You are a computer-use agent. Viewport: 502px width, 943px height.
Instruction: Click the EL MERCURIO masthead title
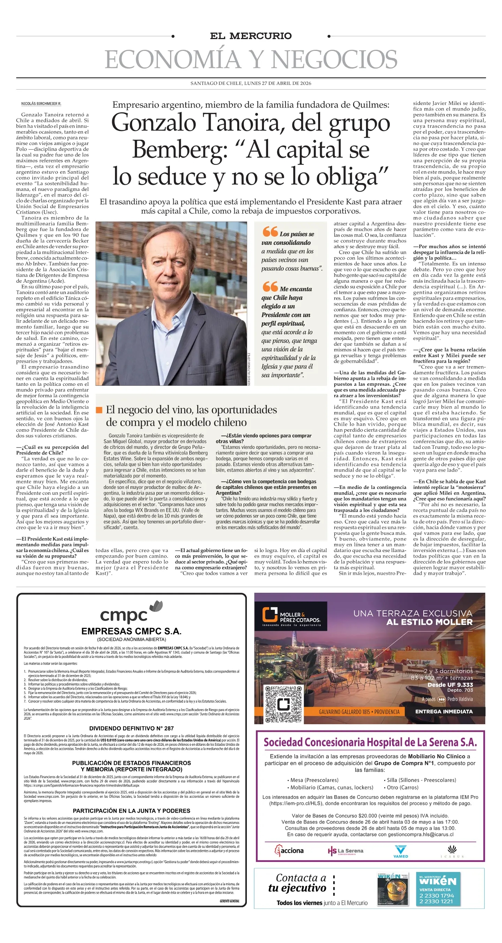tap(251, 36)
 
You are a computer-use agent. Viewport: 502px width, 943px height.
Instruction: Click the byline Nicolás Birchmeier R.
tap(41, 103)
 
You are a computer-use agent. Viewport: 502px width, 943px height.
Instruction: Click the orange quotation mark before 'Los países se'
tap(270, 232)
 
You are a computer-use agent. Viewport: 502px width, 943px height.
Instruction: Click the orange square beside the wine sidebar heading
tap(99, 409)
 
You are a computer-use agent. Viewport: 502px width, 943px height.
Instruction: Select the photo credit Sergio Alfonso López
tap(249, 369)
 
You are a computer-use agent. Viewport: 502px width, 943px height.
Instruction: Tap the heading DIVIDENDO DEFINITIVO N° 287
tap(131, 728)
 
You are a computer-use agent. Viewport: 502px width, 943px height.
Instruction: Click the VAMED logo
tap(400, 851)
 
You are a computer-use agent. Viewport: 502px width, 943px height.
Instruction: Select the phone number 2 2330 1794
tap(436, 895)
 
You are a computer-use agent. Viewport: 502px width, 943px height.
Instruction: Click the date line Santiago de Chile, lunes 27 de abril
tap(251, 83)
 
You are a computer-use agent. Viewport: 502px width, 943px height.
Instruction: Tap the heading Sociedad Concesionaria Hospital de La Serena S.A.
tap(370, 742)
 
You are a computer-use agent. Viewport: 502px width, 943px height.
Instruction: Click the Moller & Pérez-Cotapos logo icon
tap(269, 615)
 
